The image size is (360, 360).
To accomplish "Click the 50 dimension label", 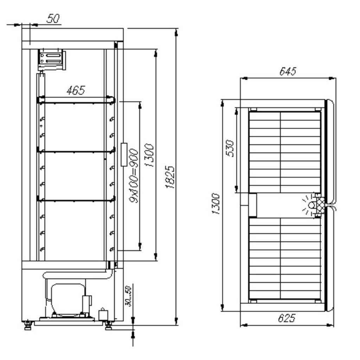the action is click(x=53, y=19).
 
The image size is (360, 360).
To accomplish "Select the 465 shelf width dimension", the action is click(x=76, y=90).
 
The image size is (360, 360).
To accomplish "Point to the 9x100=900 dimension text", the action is click(x=134, y=176).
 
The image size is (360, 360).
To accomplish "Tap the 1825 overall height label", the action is click(x=170, y=177).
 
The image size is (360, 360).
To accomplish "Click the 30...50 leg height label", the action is click(x=128, y=296).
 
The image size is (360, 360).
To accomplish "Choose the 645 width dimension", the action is click(x=288, y=71).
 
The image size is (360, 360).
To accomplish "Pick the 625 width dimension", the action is click(x=287, y=318).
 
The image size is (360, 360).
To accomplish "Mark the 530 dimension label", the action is click(x=230, y=148).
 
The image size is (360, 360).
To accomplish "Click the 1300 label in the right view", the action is click(x=216, y=204).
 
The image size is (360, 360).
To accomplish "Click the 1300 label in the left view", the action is click(x=149, y=155).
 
